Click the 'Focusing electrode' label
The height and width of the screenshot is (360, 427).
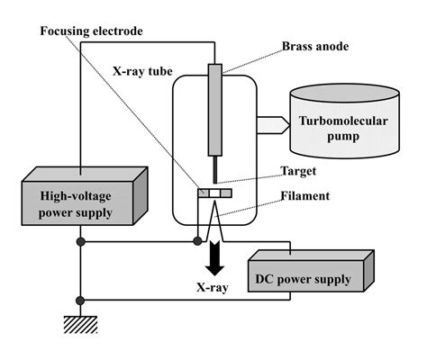(x=91, y=31)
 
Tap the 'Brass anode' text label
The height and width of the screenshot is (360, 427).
(x=315, y=47)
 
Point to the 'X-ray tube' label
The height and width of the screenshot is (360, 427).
(x=142, y=71)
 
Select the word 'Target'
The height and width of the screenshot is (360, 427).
(x=298, y=171)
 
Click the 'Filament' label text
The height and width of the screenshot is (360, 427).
(x=305, y=196)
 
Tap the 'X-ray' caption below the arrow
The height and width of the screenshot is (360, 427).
(x=213, y=287)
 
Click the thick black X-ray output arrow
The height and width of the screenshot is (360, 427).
(x=214, y=258)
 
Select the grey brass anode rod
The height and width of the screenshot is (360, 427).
(x=215, y=110)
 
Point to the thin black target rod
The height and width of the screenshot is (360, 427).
(x=215, y=169)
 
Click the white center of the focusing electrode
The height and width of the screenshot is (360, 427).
(x=214, y=193)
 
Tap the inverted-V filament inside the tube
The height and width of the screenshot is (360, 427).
(x=214, y=221)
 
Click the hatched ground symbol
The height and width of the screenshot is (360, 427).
(x=80, y=324)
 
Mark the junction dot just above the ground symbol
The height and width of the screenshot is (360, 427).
(x=80, y=301)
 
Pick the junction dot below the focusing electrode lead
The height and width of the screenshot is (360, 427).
(x=197, y=241)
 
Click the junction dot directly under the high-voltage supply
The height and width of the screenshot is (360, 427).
(x=80, y=241)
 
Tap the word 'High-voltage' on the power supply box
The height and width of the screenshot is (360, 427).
(x=76, y=196)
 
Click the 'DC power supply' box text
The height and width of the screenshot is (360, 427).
(x=303, y=280)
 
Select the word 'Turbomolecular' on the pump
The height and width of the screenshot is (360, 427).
(x=343, y=121)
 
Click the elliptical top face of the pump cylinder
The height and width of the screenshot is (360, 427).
(x=345, y=94)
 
